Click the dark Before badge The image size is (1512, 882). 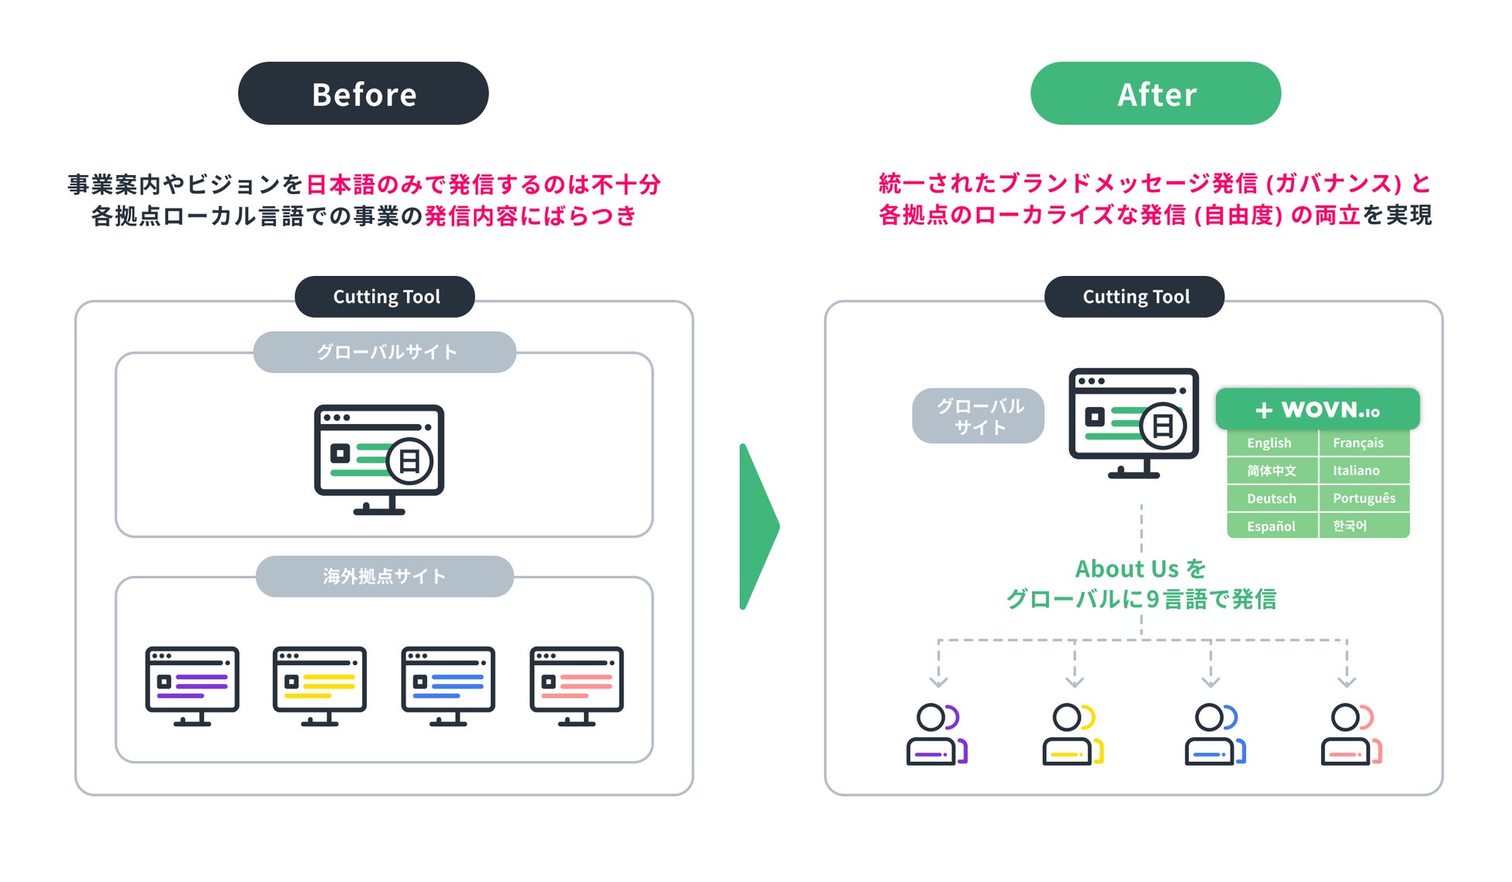point(363,94)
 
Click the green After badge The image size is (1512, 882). point(1155,94)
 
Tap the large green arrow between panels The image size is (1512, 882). point(758,526)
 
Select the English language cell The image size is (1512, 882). point(1272,443)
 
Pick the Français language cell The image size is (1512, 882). point(1362,443)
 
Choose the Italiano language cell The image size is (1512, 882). point(1362,470)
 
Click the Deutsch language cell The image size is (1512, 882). point(1272,498)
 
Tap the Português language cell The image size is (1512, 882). point(1362,498)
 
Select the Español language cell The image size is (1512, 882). point(1272,526)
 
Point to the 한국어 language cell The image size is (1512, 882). point(1362,526)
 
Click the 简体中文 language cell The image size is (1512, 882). point(1272,470)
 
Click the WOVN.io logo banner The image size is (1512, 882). point(1317,409)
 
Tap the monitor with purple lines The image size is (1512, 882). point(192,685)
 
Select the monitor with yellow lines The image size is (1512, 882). point(319,685)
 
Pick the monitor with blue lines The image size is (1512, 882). point(448,685)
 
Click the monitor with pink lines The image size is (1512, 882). point(576,685)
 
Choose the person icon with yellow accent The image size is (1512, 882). point(1072,734)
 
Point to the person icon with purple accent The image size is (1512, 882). point(937,734)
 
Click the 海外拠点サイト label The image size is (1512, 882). point(385,576)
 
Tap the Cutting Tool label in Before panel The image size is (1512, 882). point(385,297)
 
